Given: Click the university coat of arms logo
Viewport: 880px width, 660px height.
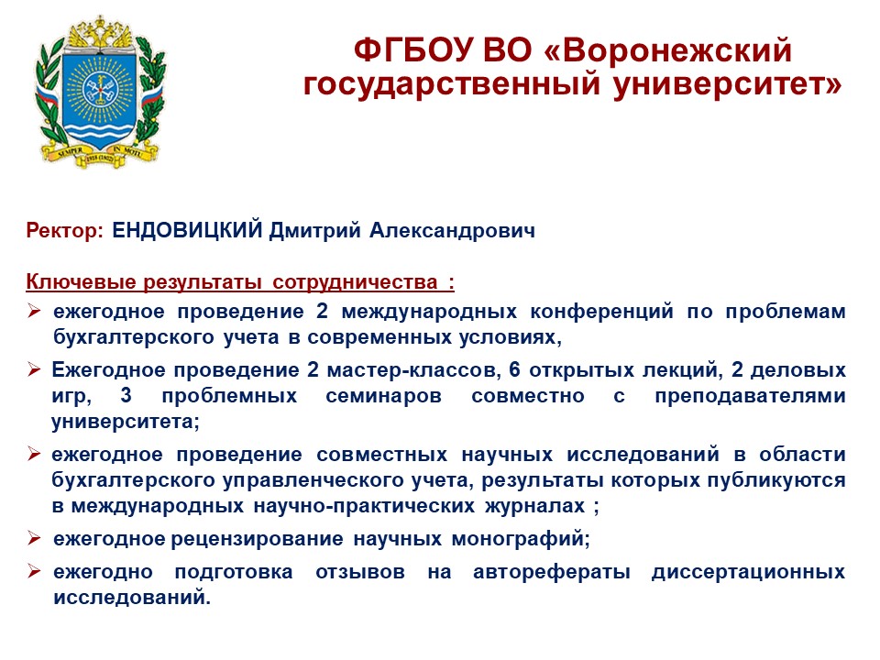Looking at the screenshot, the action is (101, 91).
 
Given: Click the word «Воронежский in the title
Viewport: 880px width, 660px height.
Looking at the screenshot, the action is (668, 49).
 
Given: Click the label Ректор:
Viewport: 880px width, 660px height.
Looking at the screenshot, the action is (64, 230).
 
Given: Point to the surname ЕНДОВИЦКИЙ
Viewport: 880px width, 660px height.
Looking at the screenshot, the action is (187, 230).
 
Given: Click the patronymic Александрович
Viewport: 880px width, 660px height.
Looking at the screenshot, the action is (452, 230).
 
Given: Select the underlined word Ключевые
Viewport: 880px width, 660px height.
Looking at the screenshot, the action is (82, 281).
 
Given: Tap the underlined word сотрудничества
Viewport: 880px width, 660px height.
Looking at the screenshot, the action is (355, 281).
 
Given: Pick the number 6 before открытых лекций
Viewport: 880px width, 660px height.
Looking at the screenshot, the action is (514, 369).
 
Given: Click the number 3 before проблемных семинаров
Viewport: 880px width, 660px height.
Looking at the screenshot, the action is (126, 395).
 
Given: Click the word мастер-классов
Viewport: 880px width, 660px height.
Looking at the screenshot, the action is (413, 370).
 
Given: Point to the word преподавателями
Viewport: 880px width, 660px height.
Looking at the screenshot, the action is (751, 396).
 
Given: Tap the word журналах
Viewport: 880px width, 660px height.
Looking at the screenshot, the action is (534, 506).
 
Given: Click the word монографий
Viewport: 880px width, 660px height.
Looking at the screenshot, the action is (521, 539).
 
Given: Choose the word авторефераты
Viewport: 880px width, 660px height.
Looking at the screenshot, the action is (552, 572).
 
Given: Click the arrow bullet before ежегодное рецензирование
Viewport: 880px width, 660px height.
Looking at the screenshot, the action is (34, 538).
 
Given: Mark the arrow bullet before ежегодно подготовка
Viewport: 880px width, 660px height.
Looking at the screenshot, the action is (34, 571).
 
